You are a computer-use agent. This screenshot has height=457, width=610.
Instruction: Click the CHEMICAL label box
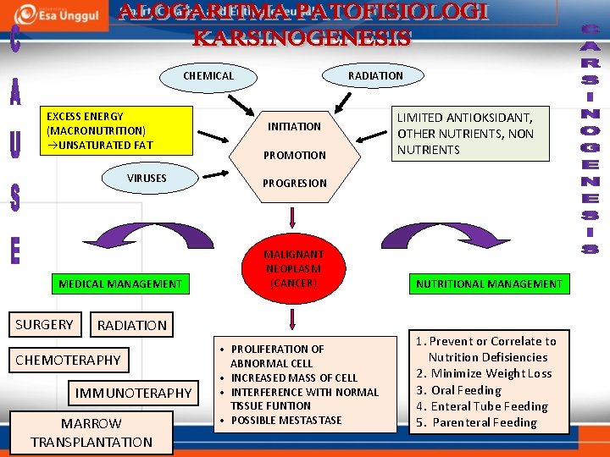pos(208,76)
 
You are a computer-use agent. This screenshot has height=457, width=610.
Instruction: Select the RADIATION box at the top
pos(375,76)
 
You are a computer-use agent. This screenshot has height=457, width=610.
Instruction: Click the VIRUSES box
pos(147,179)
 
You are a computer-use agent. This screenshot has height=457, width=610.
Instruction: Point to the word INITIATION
pos(294,127)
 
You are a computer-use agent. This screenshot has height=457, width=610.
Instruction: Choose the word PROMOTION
pos(294,156)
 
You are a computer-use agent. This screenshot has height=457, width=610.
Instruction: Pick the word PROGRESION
pos(294,184)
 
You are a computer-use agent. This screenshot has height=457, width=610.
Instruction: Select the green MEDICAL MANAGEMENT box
pos(120,284)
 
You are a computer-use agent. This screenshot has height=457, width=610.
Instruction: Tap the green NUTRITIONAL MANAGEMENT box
pos(489,284)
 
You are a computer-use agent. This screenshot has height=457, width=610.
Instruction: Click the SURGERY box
pos(44,324)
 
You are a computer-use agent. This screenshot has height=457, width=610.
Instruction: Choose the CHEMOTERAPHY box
pos(69,361)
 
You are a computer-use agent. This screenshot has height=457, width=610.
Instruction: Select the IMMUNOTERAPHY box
pos(134,393)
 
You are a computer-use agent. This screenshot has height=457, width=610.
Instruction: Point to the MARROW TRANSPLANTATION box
pos(91,432)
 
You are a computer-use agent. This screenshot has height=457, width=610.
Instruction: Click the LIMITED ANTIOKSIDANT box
pos(466,134)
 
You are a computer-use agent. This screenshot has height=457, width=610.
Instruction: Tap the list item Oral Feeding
pos(466,390)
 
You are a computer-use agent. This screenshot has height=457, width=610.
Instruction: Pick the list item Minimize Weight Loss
pos(491,373)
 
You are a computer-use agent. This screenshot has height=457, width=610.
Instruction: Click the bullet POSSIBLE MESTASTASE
pos(286,421)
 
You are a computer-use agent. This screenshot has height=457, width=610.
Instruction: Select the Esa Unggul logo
pos(64,14)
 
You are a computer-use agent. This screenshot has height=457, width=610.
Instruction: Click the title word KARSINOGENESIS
pos(302,39)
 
